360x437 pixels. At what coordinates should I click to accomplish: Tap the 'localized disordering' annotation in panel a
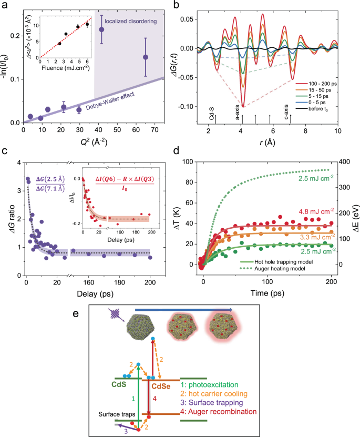[x=130, y=21]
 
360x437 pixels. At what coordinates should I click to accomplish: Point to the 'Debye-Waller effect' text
[x=110, y=101]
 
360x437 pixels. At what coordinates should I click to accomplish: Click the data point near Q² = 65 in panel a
[x=146, y=57]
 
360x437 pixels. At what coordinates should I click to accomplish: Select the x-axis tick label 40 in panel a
[x=98, y=130]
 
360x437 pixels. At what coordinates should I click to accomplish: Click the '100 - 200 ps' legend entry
[x=322, y=84]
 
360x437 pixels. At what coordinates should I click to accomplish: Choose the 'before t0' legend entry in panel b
[x=318, y=109]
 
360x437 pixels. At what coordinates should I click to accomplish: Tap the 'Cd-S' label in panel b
[x=212, y=114]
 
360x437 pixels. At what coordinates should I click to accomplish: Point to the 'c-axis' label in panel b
[x=286, y=112]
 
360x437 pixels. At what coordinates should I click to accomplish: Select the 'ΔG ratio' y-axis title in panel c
[x=12, y=219]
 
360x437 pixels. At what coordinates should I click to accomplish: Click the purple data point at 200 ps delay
[x=150, y=258]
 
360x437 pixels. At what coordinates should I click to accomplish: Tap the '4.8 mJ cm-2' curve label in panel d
[x=316, y=211]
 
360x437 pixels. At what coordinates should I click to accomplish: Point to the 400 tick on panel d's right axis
[x=345, y=161]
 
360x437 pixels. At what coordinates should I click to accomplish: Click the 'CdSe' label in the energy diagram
[x=161, y=387]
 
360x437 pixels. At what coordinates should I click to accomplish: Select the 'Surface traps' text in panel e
[x=117, y=414]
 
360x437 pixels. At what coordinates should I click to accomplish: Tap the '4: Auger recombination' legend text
[x=219, y=412]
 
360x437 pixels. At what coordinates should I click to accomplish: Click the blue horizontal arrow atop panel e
[x=183, y=310]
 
